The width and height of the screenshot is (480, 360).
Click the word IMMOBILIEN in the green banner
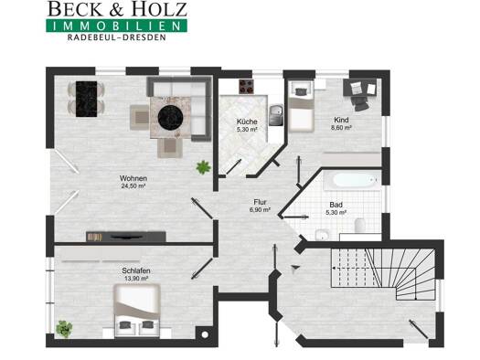click(x=117, y=26)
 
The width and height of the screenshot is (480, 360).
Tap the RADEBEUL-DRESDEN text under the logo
click(x=117, y=37)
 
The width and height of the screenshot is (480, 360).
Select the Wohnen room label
click(x=133, y=178)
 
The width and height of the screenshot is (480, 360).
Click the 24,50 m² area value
click(x=133, y=186)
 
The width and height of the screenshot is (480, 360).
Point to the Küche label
click(x=247, y=122)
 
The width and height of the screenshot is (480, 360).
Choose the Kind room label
click(x=341, y=120)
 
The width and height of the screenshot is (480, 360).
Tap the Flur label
click(x=260, y=202)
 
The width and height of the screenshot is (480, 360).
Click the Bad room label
click(x=336, y=205)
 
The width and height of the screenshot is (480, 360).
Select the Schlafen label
click(x=136, y=270)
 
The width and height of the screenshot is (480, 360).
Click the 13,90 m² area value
click(x=136, y=279)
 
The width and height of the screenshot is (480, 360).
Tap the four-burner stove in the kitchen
click(x=247, y=87)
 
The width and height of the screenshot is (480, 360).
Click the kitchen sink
click(x=276, y=115)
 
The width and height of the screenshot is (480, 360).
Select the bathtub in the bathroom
click(x=353, y=180)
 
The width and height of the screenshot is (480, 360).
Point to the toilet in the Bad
click(x=360, y=225)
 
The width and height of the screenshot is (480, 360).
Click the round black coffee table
click(x=170, y=118)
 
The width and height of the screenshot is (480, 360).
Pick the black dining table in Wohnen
click(x=86, y=99)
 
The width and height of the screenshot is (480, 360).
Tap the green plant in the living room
click(x=204, y=167)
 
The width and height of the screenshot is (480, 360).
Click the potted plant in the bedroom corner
click(x=64, y=329)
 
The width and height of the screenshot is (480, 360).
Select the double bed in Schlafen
click(x=137, y=311)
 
